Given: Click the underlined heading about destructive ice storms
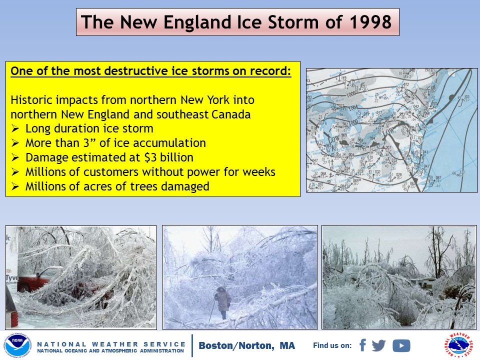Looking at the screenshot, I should pyautogui.click(x=150, y=71).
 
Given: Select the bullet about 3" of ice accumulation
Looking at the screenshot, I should pyautogui.click(x=115, y=143).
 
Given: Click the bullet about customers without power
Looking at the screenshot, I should pyautogui.click(x=149, y=172).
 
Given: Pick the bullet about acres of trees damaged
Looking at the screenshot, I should pyautogui.click(x=117, y=186).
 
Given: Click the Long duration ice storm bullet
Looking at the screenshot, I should pyautogui.click(x=89, y=128).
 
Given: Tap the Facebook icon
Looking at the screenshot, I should pyautogui.click(x=362, y=345).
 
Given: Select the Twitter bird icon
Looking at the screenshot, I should pyautogui.click(x=379, y=345).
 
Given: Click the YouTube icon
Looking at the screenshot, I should pyautogui.click(x=401, y=345).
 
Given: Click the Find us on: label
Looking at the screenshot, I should pyautogui.click(x=332, y=345).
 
